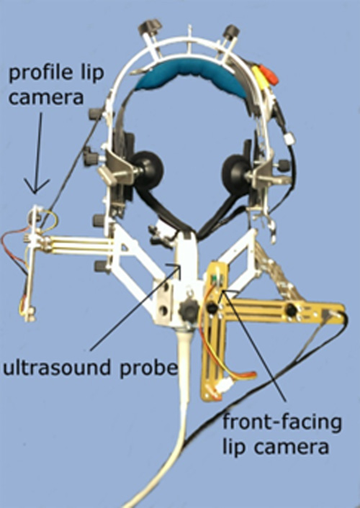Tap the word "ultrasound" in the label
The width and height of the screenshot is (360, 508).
58,368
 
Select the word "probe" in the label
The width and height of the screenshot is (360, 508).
149,369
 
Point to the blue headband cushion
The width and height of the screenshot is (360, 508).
192,78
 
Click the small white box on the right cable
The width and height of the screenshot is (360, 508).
290,138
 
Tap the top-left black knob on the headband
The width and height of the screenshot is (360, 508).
150,27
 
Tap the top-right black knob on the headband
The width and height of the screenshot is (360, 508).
231,32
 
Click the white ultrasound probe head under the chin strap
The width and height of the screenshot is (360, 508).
186,253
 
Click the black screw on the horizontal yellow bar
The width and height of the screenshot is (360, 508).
292,310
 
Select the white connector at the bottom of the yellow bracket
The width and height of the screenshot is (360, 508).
223,387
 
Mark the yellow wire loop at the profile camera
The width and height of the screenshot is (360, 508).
48,222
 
